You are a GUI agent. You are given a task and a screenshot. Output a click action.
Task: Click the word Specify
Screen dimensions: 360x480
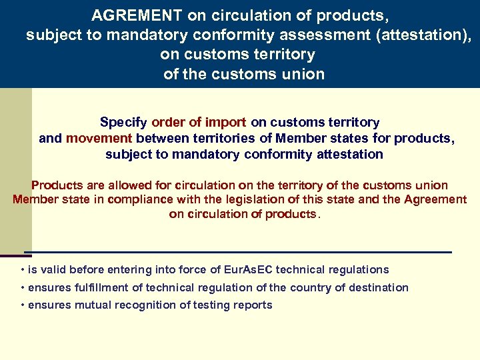coord(124,122)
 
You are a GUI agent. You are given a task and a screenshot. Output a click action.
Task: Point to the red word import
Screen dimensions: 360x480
coord(226,122)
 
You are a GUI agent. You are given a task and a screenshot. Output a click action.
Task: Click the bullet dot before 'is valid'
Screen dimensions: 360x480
coord(23,270)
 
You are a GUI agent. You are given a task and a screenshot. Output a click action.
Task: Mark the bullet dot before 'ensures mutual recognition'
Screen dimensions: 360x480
coord(23,305)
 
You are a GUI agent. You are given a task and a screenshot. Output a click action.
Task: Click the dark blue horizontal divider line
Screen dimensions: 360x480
coord(240,252)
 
